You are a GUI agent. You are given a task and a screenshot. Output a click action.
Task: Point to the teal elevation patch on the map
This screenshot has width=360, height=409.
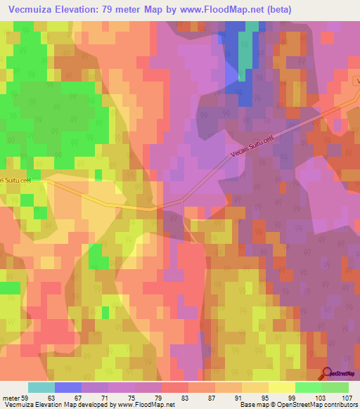245,63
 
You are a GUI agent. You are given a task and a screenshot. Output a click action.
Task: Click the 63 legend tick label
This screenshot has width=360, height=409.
51,398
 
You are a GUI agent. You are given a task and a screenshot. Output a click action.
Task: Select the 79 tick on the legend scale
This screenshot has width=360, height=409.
157,398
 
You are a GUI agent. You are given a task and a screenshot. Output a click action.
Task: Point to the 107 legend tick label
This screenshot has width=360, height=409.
346,398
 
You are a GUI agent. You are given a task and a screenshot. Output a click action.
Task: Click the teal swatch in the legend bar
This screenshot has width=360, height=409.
41,387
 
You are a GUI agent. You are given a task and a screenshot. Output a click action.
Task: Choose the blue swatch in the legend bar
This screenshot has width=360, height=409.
67,387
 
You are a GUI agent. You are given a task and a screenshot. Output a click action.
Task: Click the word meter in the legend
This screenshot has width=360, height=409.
10,398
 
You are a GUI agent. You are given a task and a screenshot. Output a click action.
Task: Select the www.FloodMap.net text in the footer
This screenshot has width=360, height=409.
147,405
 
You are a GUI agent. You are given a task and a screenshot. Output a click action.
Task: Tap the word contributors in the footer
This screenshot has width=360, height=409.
340,405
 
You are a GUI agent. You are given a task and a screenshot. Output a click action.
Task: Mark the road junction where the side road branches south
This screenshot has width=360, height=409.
182,202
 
